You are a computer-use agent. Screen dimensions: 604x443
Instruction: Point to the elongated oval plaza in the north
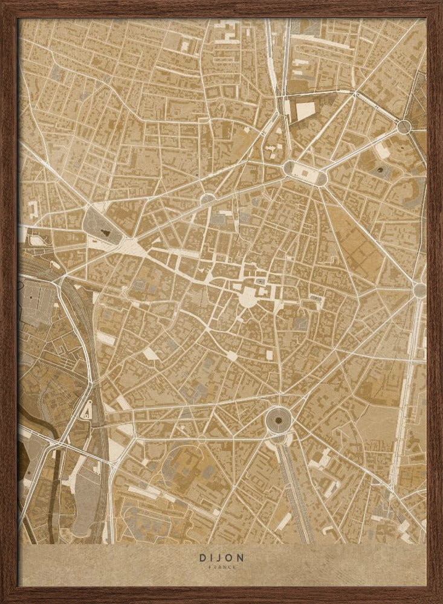pyautogui.click(x=305, y=173)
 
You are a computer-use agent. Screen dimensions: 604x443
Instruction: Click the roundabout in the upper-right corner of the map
pyautogui.click(x=404, y=126)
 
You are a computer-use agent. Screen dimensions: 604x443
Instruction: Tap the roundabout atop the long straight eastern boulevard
pyautogui.click(x=419, y=290)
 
